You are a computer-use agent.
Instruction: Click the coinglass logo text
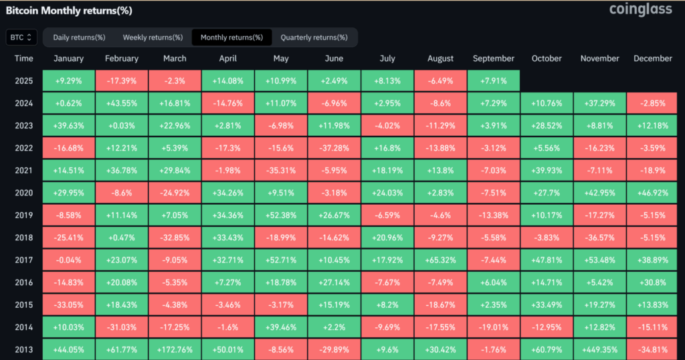(641, 10)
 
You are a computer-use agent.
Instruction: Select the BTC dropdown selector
(21, 37)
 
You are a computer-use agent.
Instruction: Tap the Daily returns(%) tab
(79, 37)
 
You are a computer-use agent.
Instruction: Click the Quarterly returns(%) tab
(314, 37)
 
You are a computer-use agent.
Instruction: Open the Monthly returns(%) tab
(231, 37)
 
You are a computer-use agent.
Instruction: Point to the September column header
(494, 58)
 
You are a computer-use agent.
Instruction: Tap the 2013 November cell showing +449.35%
(600, 347)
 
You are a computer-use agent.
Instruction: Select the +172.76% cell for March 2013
(175, 347)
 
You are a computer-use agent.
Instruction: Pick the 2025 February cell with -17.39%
(122, 80)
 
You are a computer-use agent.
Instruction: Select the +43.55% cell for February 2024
(122, 102)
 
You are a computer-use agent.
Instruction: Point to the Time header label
(23, 58)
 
